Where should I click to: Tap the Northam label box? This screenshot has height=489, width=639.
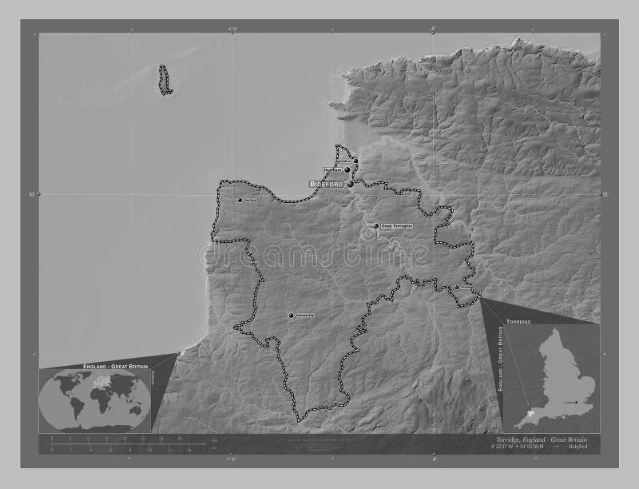tap(333, 170)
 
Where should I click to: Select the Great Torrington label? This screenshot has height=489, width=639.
tap(397, 227)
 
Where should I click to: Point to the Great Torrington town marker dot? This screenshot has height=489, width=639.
tap(376, 227)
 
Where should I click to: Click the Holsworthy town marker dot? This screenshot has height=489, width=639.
tap(292, 315)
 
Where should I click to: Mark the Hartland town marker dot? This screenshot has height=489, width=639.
tap(240, 200)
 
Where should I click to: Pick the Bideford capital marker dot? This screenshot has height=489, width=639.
tap(350, 184)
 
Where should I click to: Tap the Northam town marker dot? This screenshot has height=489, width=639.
tap(348, 170)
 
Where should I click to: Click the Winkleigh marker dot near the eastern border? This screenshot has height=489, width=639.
tap(457, 288)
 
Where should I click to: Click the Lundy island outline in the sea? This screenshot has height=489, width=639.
tap(165, 81)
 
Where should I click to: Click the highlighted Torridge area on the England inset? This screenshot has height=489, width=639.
tap(530, 414)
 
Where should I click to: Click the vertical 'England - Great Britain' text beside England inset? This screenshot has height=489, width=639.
tap(498, 364)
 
